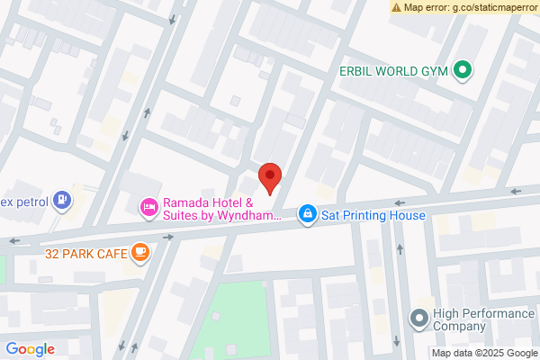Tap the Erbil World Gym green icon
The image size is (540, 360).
(x=463, y=69)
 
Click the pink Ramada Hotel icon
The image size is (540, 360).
(x=148, y=208)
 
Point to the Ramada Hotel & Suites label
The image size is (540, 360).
(x=221, y=209)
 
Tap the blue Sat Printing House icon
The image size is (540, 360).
(x=308, y=214)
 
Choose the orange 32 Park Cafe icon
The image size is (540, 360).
(x=139, y=253)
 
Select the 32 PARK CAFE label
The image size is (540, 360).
(x=85, y=253)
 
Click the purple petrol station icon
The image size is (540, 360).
(x=61, y=200)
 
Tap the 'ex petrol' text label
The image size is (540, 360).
(x=22, y=200)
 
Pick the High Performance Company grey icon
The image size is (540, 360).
(x=418, y=318)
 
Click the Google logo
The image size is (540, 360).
(x=30, y=349)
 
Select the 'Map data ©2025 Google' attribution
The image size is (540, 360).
(x=483, y=352)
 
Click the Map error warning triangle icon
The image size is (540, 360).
(x=396, y=7)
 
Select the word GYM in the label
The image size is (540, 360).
(x=434, y=69)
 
